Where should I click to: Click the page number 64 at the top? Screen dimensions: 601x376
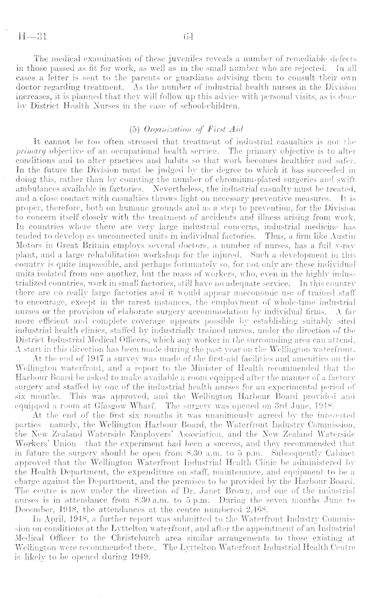coord(187,37)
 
